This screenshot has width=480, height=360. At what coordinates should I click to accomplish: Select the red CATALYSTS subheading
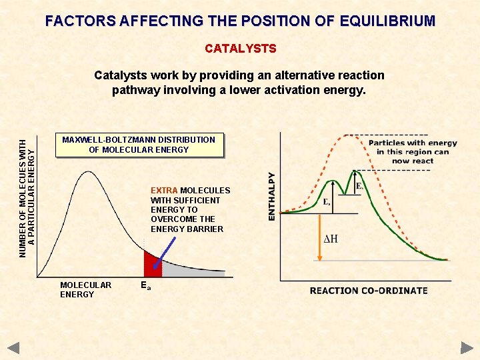(240, 49)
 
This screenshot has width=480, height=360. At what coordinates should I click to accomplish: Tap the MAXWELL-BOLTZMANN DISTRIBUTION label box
(139, 145)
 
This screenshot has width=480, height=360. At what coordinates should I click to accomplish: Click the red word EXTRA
(163, 191)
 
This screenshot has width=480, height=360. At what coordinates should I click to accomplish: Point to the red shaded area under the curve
(151, 264)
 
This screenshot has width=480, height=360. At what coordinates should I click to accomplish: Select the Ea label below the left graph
(146, 285)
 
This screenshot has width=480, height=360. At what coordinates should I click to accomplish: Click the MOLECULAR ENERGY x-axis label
(85, 289)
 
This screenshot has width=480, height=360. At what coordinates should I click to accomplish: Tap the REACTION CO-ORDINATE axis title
(369, 291)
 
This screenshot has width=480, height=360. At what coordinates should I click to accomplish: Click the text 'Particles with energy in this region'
(413, 147)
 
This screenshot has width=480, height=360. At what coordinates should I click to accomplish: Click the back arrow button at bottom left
(14, 347)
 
